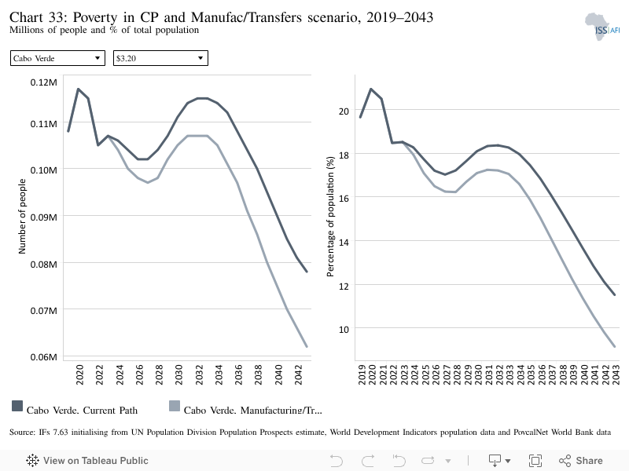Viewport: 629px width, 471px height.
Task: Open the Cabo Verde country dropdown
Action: pyautogui.click(x=57, y=58)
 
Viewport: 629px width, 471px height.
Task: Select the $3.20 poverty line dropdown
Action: pyautogui.click(x=160, y=58)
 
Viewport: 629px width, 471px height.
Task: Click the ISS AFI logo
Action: pyautogui.click(x=602, y=27)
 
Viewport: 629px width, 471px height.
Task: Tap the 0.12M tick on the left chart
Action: pyautogui.click(x=44, y=82)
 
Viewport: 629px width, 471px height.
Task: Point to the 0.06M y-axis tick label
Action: pyautogui.click(x=44, y=357)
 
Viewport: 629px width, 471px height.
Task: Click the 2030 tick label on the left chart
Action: pyautogui.click(x=179, y=374)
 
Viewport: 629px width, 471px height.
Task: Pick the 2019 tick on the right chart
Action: pyautogui.click(x=362, y=374)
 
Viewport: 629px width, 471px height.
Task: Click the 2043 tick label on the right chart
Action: pyautogui.click(x=616, y=374)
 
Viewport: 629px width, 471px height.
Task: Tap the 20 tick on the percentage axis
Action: pyautogui.click(x=344, y=111)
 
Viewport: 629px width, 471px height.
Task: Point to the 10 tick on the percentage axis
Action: pyautogui.click(x=344, y=330)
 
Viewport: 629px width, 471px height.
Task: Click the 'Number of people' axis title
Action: pyautogui.click(x=22, y=217)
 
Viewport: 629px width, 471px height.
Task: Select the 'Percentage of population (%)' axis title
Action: pyautogui.click(x=330, y=217)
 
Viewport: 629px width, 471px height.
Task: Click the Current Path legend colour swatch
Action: pyautogui.click(x=17, y=406)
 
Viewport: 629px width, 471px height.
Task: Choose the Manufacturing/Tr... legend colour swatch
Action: pyautogui.click(x=175, y=406)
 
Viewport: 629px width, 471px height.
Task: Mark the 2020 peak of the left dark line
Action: pyautogui.click(x=78, y=89)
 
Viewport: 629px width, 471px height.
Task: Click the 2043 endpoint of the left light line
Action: pyautogui.click(x=307, y=346)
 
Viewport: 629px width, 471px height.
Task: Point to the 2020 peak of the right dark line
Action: pyautogui.click(x=371, y=89)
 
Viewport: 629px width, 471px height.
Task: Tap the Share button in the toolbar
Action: pyautogui.click(x=581, y=461)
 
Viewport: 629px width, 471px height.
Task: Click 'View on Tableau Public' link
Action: pyautogui.click(x=87, y=461)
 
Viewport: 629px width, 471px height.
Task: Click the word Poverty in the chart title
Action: pyautogui.click(x=95, y=17)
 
